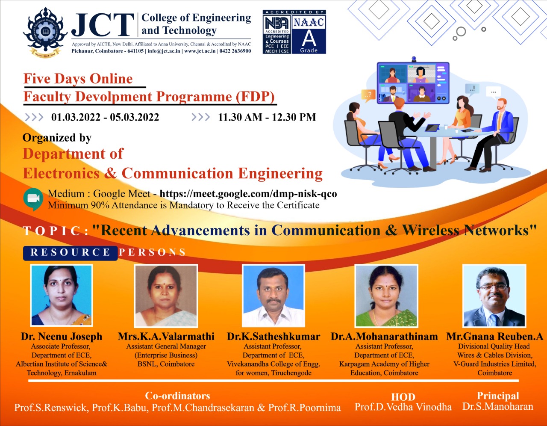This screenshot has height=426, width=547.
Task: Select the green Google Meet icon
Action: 33,199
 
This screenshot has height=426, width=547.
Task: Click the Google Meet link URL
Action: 248,194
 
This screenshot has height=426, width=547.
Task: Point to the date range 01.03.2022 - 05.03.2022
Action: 105,117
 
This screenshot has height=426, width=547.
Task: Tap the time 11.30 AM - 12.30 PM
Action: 267,117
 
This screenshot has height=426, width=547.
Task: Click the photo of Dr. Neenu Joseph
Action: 62,295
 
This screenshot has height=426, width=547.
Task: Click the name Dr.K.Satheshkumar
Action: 273,337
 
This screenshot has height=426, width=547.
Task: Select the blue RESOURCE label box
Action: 71,252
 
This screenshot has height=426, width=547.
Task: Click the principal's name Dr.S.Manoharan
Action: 498,406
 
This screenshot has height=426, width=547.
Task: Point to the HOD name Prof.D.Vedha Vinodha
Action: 403,407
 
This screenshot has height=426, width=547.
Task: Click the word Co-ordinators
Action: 177,396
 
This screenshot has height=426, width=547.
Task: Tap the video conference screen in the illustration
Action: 412,83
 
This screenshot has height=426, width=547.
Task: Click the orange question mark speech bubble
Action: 369,94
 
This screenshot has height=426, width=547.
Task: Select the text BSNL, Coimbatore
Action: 166,364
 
